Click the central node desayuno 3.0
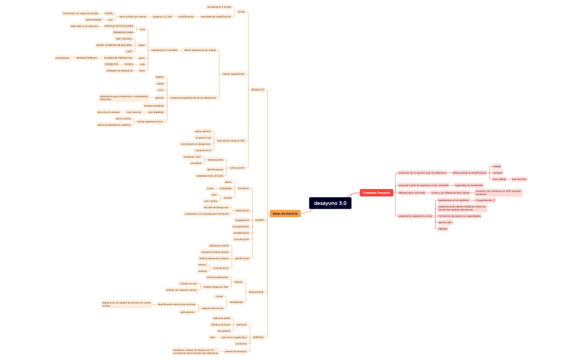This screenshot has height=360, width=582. point(330,203)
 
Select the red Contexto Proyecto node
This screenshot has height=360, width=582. point(376,193)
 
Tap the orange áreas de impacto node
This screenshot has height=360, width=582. point(285,213)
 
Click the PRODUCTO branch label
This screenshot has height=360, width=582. point(258,90)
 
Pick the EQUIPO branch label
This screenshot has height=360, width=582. point(259,220)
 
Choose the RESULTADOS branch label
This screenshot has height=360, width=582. point(256,292)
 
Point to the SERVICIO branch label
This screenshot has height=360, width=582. point(258,337)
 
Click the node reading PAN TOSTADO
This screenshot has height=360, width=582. point(124,39)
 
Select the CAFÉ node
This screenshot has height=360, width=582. point(129,52)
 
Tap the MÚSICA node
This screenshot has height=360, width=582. point(129,64)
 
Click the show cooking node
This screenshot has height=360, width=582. point(123,118)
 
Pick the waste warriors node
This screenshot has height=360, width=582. point(202,131)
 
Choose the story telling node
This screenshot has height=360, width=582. point(499,179)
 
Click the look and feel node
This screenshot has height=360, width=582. point(519,179)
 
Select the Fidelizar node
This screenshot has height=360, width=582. point(442,229)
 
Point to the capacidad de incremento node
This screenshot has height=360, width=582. point(469,185)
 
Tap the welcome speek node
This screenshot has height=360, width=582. point(222,318)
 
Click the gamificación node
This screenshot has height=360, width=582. point(242,258)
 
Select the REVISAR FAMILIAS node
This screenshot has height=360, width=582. point(86,58)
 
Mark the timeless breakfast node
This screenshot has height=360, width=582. point(154,105)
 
